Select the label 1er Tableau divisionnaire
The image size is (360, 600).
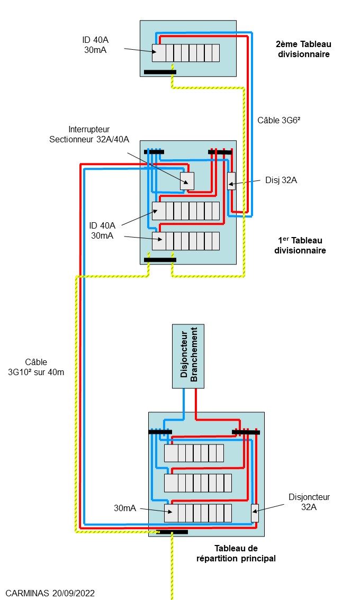[x=300, y=245]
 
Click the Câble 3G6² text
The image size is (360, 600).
[x=279, y=120]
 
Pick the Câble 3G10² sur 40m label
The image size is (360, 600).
[x=36, y=367]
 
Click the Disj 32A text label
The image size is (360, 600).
[x=281, y=180]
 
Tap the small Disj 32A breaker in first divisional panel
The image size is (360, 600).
[x=231, y=181]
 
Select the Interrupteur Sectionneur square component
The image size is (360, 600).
[x=187, y=180]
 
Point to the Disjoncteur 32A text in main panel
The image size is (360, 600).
[x=309, y=502]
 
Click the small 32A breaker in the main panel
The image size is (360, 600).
[x=255, y=513]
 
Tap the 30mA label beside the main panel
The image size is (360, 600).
[x=125, y=508]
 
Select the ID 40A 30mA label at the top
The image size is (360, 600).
[x=95, y=45]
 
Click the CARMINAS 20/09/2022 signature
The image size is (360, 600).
[x=50, y=593]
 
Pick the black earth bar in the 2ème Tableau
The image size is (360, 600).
[x=160, y=72]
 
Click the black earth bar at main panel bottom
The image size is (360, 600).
[x=172, y=532]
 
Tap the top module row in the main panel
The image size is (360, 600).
[x=194, y=453]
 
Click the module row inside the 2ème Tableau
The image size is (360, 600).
[x=186, y=53]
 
